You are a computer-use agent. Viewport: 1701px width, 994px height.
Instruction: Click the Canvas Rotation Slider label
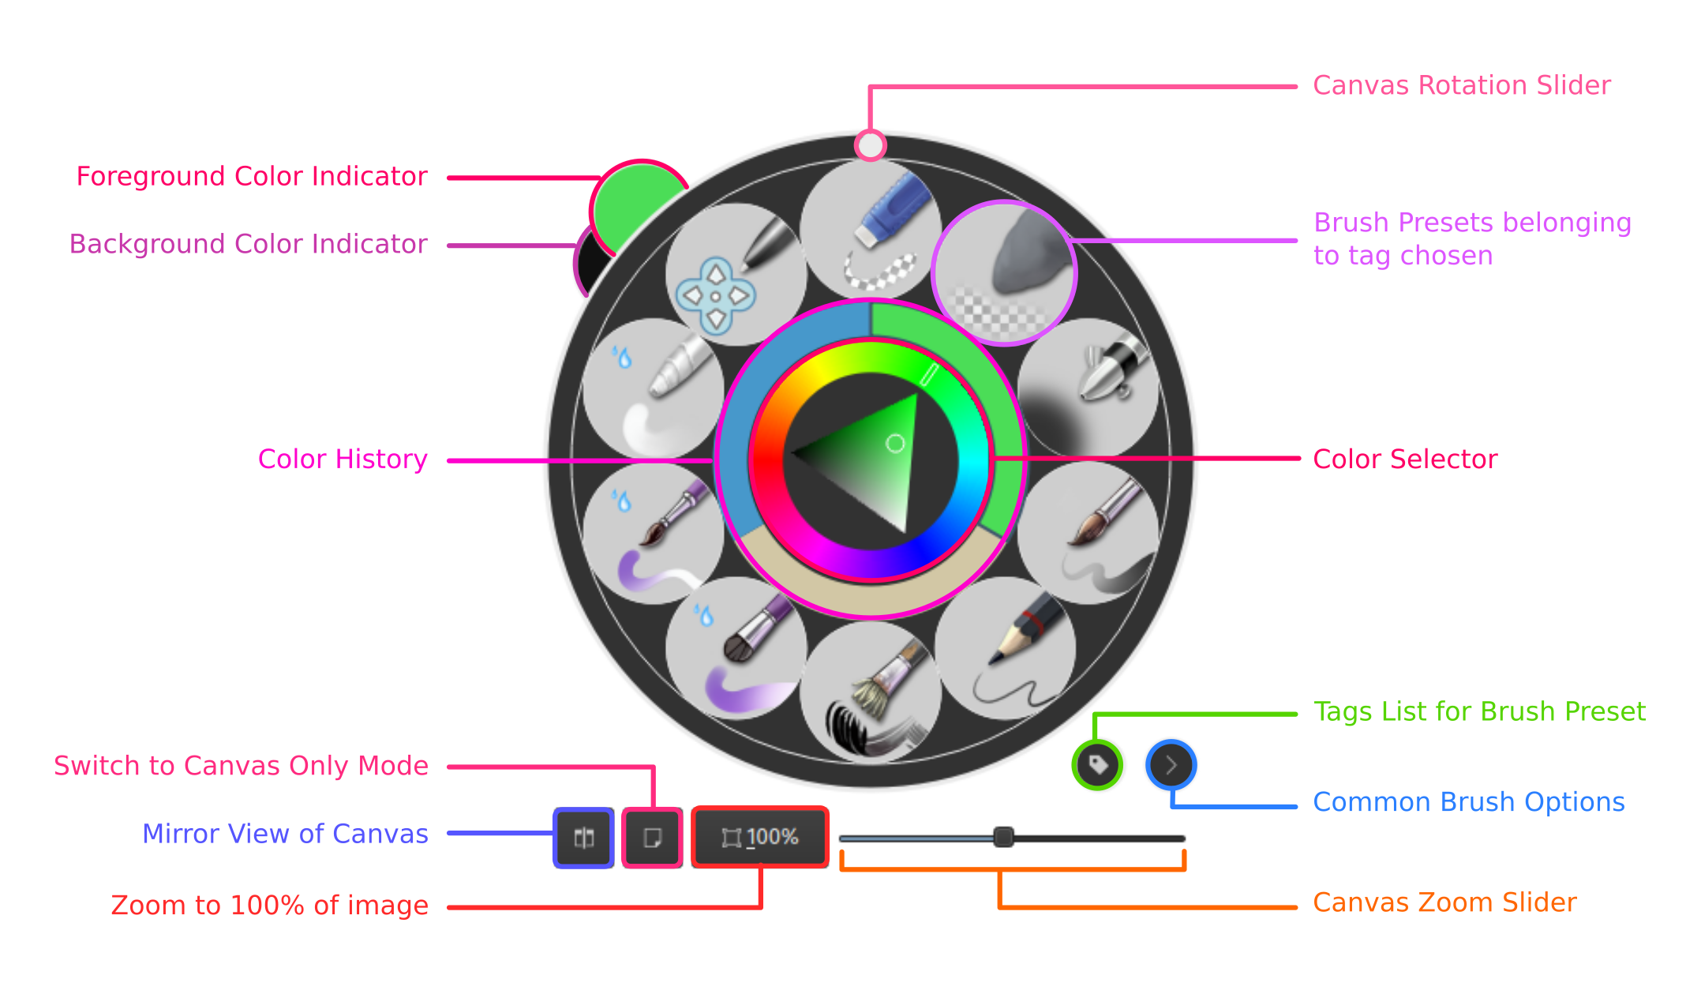coord(1461,85)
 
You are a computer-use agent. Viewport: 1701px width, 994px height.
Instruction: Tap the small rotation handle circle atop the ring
coord(870,145)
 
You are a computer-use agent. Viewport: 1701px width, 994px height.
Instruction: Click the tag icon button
coord(1097,764)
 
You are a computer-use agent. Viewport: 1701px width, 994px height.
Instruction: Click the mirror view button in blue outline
coord(583,837)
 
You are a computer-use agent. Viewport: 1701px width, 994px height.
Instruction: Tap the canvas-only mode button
coord(652,837)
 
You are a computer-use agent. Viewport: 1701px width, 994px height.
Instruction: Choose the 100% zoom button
coord(760,837)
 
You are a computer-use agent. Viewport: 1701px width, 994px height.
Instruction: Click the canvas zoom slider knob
coord(1003,837)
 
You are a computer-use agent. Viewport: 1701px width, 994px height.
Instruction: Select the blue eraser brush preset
coord(871,229)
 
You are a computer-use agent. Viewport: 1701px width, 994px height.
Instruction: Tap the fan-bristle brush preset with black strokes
coord(871,692)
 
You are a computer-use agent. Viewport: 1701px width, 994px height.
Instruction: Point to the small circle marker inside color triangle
coord(895,444)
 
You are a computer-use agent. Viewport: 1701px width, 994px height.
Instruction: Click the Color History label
coord(343,459)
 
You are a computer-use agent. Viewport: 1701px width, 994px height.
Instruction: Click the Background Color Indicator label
coord(248,245)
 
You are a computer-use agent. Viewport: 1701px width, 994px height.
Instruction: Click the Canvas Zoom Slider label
coord(1444,902)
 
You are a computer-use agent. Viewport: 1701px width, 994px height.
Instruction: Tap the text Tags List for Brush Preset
coord(1479,712)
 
